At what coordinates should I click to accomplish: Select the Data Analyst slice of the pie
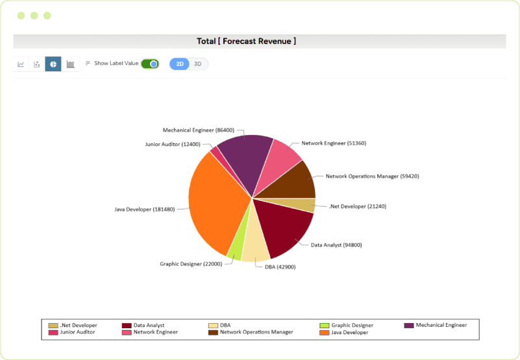coord(286,227)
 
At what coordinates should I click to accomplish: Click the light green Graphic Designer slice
coord(234,247)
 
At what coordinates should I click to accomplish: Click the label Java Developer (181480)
coord(144,210)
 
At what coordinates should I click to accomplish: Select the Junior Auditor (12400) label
coord(173,144)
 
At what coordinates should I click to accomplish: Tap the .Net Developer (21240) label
coord(357,206)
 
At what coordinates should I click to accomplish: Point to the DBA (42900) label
coord(280,267)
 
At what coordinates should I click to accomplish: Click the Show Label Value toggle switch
coord(150,64)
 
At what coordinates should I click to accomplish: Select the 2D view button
coord(180,64)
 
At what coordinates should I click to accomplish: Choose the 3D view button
coord(198,64)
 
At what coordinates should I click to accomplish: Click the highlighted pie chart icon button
coord(53,64)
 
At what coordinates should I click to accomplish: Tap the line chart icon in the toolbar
coord(21,64)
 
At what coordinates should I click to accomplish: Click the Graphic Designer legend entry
coord(351,325)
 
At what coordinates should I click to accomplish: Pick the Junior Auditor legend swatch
coord(53,332)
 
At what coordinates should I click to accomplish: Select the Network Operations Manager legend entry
coord(256,332)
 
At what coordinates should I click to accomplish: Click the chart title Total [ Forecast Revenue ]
coord(247,41)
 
